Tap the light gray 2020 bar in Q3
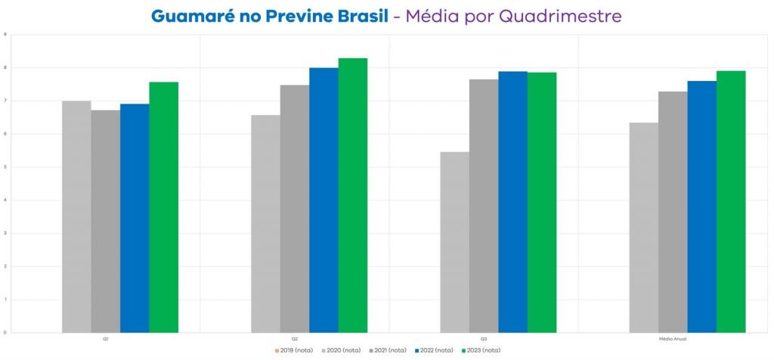[454, 242]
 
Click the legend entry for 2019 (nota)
[295, 350]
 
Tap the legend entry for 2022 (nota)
[435, 350]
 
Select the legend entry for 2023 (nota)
[481, 350]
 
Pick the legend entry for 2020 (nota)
[342, 350]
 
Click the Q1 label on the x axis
[105, 340]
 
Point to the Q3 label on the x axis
[484, 340]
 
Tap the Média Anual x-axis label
[673, 340]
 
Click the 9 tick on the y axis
[6, 35]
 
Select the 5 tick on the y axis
[6, 167]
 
